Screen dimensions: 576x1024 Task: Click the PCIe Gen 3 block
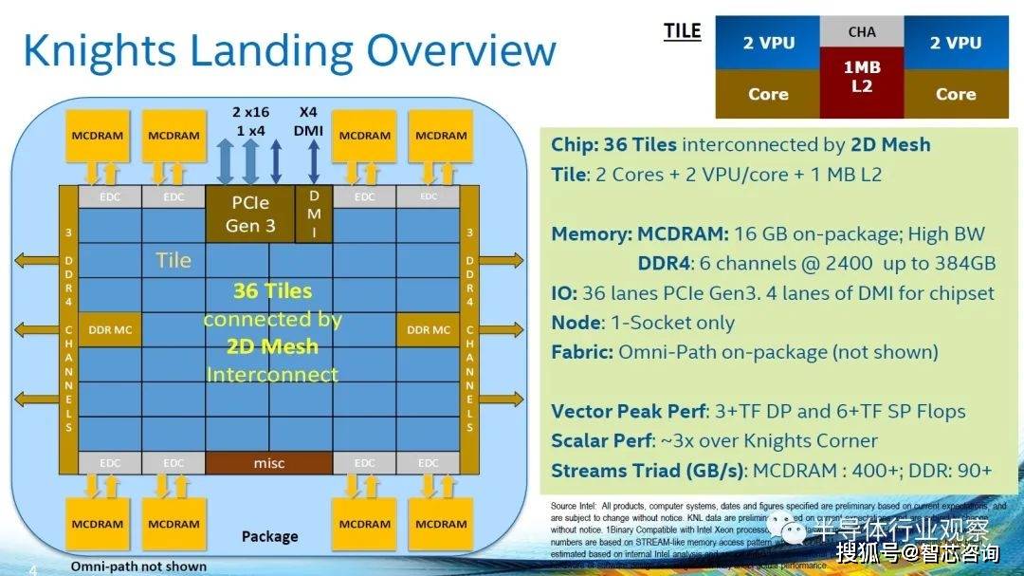click(x=249, y=214)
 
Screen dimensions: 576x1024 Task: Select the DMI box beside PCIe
click(x=315, y=214)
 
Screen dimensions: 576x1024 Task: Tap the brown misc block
click(x=269, y=462)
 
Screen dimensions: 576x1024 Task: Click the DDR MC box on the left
click(x=110, y=329)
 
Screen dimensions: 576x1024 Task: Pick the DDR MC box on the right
click(x=429, y=329)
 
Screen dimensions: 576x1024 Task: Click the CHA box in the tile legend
click(x=861, y=31)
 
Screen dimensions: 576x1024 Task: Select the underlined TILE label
click(x=682, y=31)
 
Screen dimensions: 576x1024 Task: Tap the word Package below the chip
click(x=269, y=536)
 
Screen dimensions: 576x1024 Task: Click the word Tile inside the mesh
click(x=174, y=260)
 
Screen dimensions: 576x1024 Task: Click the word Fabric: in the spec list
click(x=581, y=352)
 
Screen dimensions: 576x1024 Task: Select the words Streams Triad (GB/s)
click(x=648, y=471)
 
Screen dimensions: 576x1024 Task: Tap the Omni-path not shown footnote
click(x=138, y=567)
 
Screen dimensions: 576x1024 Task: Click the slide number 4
click(x=32, y=569)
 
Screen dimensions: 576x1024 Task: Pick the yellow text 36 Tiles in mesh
click(x=272, y=290)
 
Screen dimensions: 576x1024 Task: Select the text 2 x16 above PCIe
click(x=250, y=112)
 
